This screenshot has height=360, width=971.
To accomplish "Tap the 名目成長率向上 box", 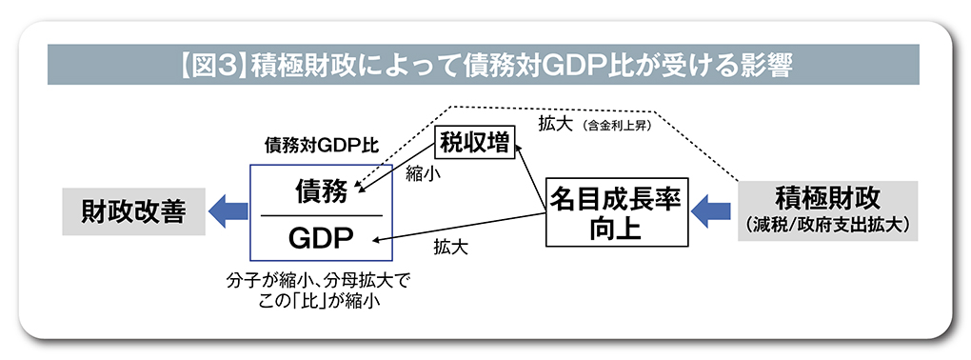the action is pos(615,211).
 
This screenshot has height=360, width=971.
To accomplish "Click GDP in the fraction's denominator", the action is pos(322,237).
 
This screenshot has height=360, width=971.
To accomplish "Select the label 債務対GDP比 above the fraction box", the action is pos(321,148).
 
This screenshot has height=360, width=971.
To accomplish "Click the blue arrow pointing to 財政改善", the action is pos(228,210).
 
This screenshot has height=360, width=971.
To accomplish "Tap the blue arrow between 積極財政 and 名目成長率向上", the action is pos(710,210).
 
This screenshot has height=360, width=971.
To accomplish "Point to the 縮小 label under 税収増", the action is pos(420,173).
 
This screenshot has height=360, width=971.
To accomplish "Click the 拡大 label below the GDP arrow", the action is pos(450,249).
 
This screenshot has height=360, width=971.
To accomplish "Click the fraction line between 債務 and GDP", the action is pos(322,215).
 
